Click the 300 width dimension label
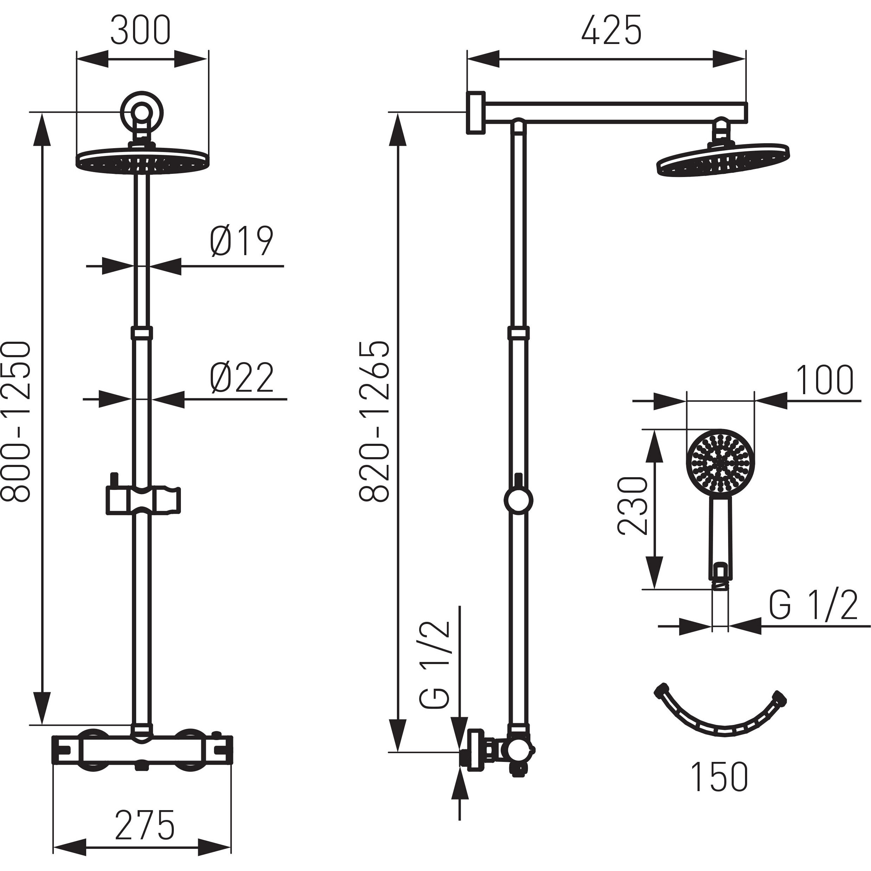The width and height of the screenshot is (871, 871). click(x=141, y=31)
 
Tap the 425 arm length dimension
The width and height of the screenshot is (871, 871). click(x=611, y=31)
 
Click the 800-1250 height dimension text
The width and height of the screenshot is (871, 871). click(x=16, y=421)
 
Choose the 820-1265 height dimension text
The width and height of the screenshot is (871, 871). click(x=374, y=421)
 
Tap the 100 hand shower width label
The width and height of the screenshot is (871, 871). click(x=825, y=380)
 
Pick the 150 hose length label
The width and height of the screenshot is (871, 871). click(x=719, y=776)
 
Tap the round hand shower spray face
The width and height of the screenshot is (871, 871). click(x=720, y=462)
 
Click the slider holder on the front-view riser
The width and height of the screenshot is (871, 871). click(x=143, y=499)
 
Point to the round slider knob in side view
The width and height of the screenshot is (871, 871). click(x=518, y=500)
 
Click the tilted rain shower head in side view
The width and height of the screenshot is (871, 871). click(x=723, y=160)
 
